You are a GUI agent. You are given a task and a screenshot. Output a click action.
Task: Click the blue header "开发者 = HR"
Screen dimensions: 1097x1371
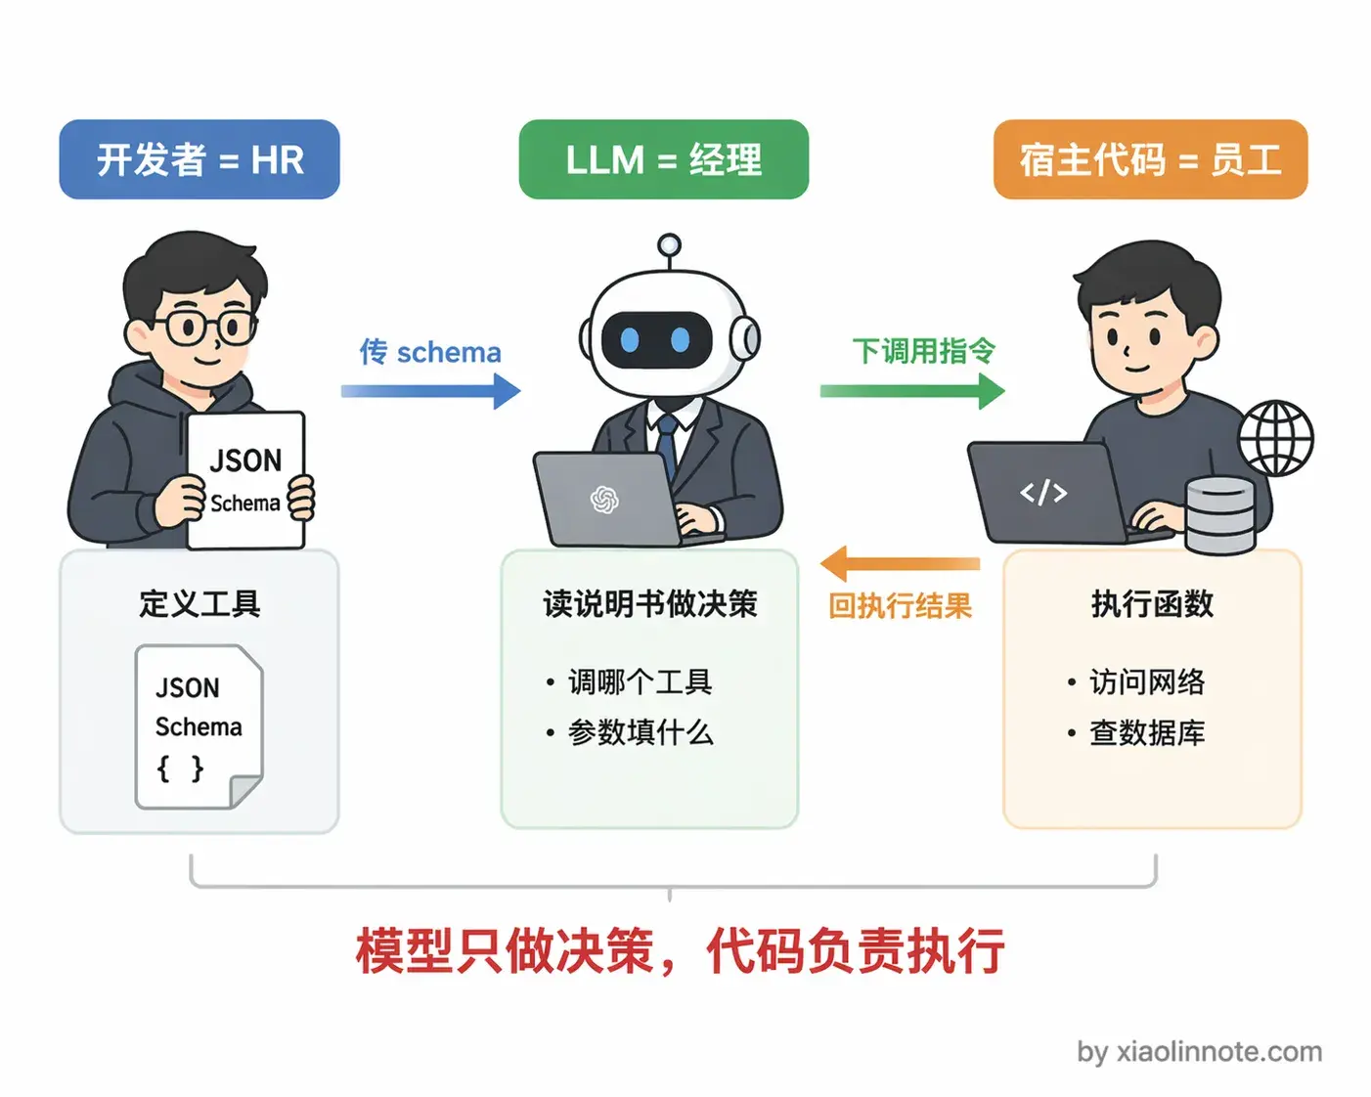click(x=199, y=159)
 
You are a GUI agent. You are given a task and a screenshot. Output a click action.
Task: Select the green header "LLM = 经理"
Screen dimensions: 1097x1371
click(x=663, y=159)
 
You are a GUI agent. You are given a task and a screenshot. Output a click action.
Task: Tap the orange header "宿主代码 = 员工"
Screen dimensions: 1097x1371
click(x=1150, y=159)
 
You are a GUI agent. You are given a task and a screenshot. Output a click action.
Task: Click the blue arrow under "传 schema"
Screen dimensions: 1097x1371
click(x=430, y=391)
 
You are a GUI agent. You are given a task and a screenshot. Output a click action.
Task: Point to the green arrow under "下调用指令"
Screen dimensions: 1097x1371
click(x=911, y=391)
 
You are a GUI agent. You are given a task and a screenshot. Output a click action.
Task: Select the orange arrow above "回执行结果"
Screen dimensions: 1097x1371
click(x=900, y=564)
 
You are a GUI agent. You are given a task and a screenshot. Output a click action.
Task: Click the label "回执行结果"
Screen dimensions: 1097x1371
click(x=900, y=606)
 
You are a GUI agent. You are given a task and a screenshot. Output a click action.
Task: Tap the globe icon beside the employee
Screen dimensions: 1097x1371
click(x=1276, y=438)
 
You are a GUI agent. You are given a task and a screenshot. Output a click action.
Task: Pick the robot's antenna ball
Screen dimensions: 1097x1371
click(x=669, y=244)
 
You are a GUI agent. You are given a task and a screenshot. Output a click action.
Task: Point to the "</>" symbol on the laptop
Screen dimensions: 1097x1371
click(x=1043, y=492)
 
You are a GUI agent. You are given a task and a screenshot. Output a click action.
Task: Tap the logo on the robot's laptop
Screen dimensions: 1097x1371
click(x=604, y=500)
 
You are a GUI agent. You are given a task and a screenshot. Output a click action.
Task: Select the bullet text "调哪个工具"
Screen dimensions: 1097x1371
click(x=640, y=681)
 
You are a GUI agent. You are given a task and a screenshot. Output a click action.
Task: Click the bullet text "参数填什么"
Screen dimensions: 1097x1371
click(x=641, y=732)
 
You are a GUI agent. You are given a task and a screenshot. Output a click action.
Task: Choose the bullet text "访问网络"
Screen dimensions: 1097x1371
click(x=1147, y=681)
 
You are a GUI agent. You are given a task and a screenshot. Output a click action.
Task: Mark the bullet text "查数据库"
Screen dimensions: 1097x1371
click(x=1147, y=732)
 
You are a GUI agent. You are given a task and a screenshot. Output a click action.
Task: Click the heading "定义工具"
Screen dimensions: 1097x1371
click(x=199, y=603)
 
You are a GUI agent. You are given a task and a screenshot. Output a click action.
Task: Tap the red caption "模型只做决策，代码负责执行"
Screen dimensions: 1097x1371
click(x=680, y=950)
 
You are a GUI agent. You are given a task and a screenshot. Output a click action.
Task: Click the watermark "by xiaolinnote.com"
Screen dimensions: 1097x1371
click(x=1199, y=1052)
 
